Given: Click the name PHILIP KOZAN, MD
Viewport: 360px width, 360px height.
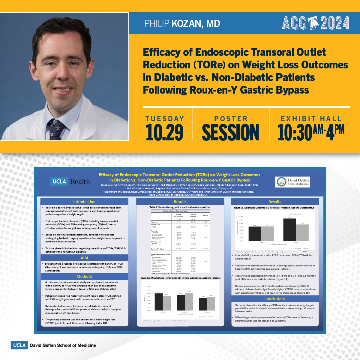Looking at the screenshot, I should click(x=182, y=24).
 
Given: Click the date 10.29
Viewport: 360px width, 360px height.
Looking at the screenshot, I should click(x=165, y=132).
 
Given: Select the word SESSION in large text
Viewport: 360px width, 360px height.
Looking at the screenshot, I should click(x=230, y=132).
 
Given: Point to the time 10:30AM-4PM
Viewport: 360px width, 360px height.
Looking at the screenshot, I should click(x=311, y=132).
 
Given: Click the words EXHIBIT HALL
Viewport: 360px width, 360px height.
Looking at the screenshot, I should click(x=311, y=119).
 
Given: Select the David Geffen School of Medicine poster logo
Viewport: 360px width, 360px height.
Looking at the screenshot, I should click(x=293, y=182).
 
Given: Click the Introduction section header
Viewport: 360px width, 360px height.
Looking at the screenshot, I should click(x=84, y=202).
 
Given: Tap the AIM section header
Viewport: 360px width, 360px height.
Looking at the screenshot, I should click(x=84, y=258).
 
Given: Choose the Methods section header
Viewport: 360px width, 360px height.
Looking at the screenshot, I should click(x=84, y=276).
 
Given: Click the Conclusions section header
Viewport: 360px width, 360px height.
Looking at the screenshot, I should click(x=275, y=299).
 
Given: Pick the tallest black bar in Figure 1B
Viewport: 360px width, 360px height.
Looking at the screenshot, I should click(x=289, y=229).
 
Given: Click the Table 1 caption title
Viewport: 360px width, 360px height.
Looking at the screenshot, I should click(x=180, y=207).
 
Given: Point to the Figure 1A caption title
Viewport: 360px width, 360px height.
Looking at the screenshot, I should click(x=180, y=278).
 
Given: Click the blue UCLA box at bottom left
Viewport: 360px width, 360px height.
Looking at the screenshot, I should click(x=19, y=345).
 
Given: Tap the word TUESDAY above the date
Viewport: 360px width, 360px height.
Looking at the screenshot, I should click(x=165, y=119).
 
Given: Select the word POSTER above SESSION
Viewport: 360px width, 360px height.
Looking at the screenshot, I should click(x=231, y=119).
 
